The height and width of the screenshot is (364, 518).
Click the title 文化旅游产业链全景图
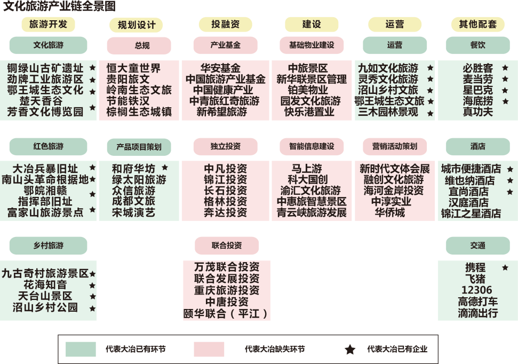(x=59, y=6)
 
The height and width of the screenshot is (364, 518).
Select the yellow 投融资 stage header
(x=225, y=25)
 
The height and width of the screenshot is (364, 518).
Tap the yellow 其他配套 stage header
(x=477, y=25)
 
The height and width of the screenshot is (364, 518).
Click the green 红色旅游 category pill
(x=48, y=146)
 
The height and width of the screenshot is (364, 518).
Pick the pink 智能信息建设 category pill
(x=312, y=146)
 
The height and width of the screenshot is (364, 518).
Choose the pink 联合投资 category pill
(x=227, y=246)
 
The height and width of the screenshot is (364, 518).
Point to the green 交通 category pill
(x=477, y=246)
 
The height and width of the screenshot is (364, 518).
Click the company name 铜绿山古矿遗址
(x=45, y=68)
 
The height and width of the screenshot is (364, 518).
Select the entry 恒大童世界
(x=133, y=68)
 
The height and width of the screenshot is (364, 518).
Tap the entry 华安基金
(x=220, y=68)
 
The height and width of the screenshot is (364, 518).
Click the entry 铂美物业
(x=308, y=90)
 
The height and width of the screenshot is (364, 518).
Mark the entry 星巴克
(x=477, y=90)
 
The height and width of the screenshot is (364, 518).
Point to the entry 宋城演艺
(x=133, y=212)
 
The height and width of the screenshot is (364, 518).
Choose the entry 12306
(x=477, y=290)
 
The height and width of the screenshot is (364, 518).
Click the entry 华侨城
(x=390, y=212)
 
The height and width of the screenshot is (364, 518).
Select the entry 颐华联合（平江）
(x=226, y=313)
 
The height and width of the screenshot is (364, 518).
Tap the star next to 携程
(x=505, y=267)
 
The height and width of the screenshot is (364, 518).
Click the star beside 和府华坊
(x=165, y=168)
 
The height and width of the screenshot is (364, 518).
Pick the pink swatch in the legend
(x=209, y=349)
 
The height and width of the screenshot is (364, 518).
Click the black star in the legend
(x=350, y=350)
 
